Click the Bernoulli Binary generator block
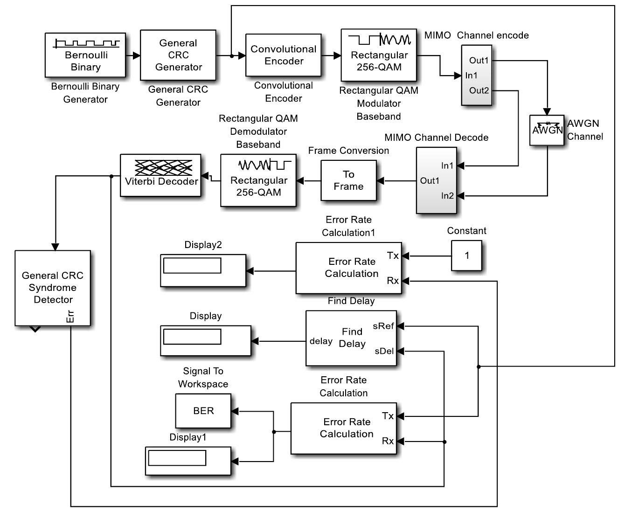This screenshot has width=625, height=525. pos(85,55)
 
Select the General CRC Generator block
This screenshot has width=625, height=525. pos(178,55)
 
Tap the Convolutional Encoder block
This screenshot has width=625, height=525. pos(284,55)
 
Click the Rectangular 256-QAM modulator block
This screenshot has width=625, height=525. pos(379,55)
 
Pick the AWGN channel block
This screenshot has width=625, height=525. pos(547,130)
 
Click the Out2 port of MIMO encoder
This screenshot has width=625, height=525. pos(479,90)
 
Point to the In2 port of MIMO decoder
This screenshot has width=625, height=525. pos(447,196)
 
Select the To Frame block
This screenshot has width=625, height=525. pos(348,180)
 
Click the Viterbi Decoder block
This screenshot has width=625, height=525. pos(161,175)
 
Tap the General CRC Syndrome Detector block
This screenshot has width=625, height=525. pos(53,288)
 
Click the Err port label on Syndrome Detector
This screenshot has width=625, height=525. pos(70,317)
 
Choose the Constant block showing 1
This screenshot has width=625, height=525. pos(466,256)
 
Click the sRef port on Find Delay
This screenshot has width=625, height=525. pos(383,326)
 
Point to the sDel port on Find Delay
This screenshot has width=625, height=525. pos(384,351)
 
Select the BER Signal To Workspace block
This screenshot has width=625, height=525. pos(203,411)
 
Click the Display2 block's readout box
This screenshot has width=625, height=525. pos(192,266)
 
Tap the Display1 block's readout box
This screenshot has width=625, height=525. pos(177,458)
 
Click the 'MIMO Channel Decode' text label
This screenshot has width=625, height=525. pos(436,138)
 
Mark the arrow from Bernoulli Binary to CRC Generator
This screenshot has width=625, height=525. pos(133,55)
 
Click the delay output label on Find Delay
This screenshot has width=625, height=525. pos(321,341)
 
